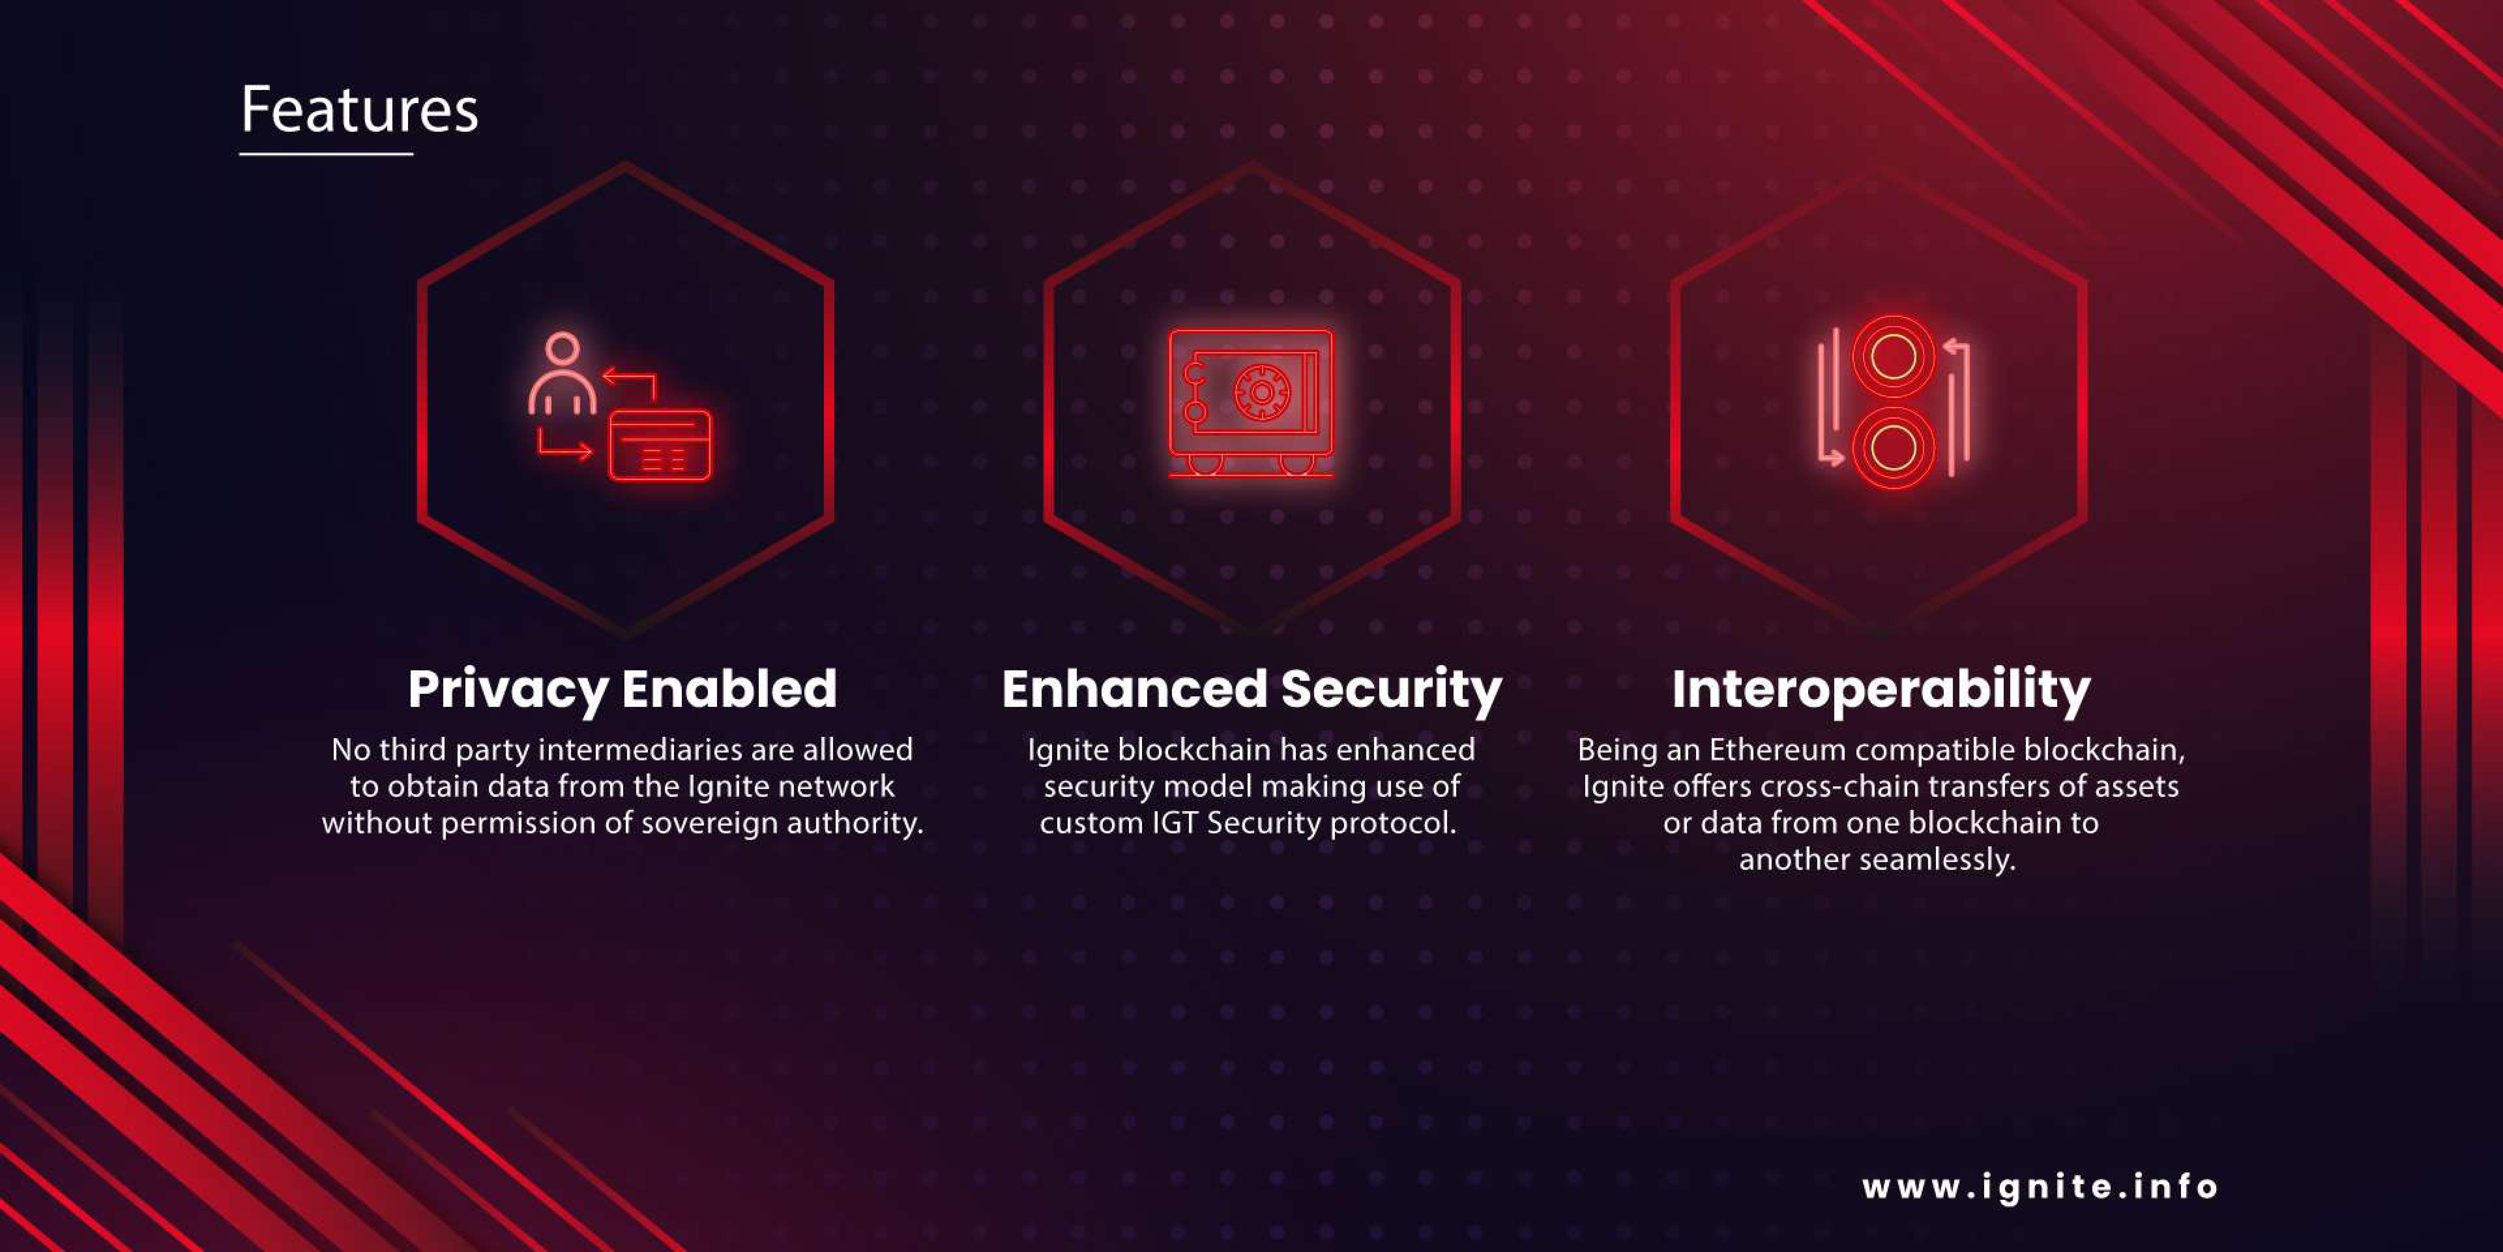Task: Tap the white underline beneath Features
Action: point(326,153)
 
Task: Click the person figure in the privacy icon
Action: point(563,374)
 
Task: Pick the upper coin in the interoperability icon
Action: point(1893,357)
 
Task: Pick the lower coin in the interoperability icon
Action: point(1893,448)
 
